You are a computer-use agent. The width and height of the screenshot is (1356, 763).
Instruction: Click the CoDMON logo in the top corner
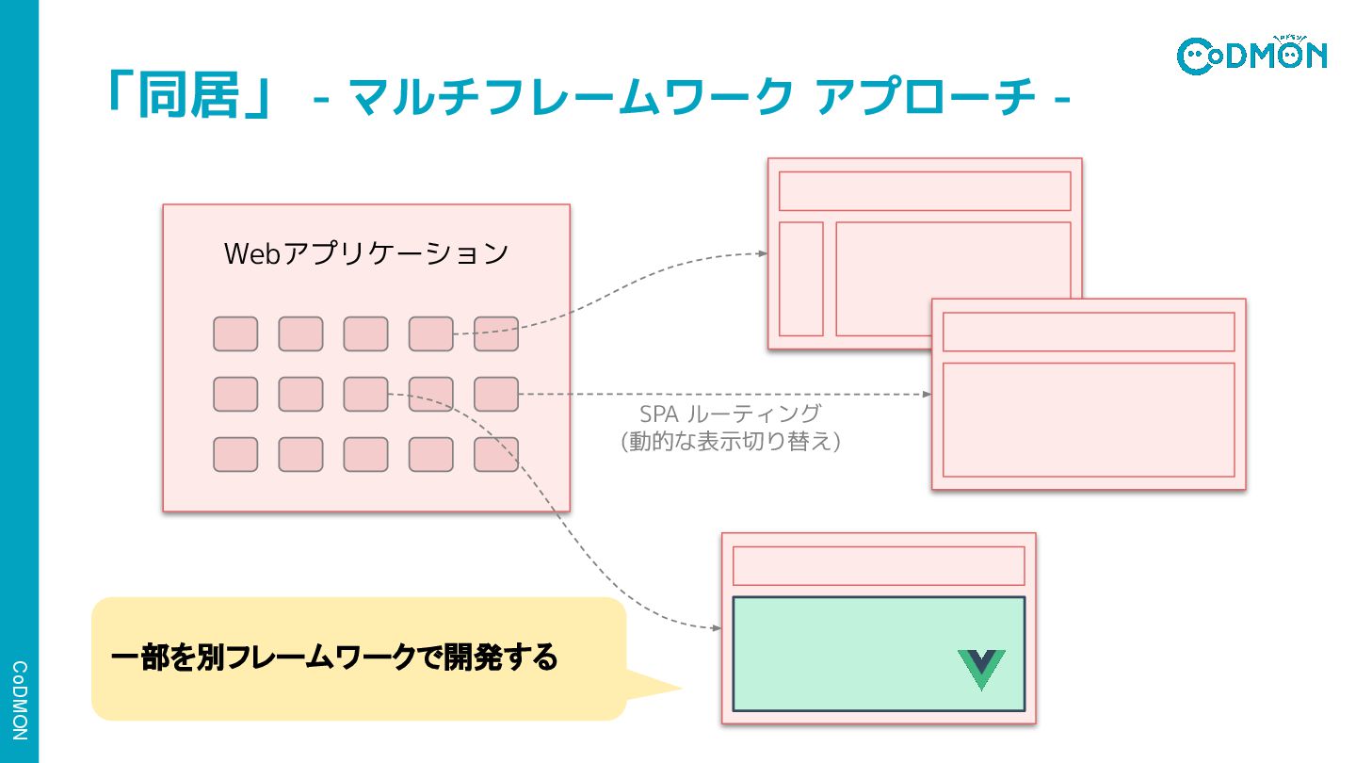click(x=1251, y=55)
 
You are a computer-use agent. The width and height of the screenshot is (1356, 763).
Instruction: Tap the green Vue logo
click(x=981, y=668)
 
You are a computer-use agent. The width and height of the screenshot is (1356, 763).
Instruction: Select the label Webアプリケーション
click(x=366, y=253)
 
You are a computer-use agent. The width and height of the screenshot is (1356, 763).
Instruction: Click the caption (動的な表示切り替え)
click(x=730, y=440)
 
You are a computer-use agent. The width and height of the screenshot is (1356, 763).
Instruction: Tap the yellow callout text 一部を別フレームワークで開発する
click(x=334, y=657)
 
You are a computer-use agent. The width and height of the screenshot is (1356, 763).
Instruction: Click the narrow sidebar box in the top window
click(x=801, y=279)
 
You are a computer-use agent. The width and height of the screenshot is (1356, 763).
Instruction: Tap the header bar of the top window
click(x=925, y=191)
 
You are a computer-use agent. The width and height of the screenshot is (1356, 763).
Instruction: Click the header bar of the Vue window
click(x=879, y=565)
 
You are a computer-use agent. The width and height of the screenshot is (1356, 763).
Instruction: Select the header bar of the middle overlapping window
click(x=1089, y=332)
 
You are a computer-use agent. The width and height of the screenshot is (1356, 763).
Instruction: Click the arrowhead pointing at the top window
click(x=764, y=253)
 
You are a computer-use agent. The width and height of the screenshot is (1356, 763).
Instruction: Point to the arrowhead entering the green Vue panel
click(x=718, y=627)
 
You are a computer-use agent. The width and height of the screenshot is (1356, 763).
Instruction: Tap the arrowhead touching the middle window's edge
click(x=928, y=394)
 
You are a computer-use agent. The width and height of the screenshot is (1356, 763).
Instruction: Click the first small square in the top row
click(x=235, y=334)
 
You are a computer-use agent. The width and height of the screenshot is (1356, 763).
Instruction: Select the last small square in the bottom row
click(x=496, y=454)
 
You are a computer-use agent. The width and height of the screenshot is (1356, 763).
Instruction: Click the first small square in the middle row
click(x=235, y=394)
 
